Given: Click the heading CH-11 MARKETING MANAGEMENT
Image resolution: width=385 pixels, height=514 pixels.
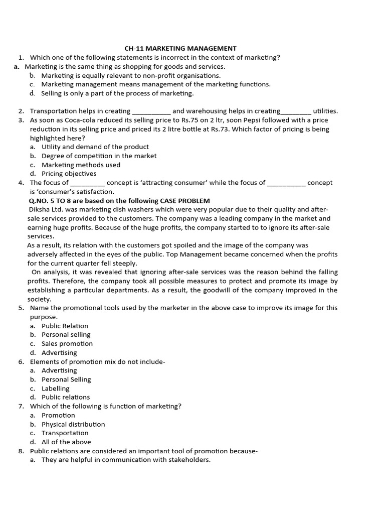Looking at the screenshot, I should click(x=180, y=49).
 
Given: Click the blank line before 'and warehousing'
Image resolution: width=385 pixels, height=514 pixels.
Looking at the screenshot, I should click(x=151, y=111).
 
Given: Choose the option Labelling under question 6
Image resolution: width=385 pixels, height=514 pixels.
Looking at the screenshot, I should click(x=55, y=389).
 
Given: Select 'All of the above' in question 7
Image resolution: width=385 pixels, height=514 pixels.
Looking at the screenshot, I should click(x=66, y=442).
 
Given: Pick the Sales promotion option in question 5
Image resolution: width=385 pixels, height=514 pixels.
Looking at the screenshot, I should click(x=67, y=344).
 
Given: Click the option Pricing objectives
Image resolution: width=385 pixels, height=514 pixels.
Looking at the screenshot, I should click(x=69, y=174).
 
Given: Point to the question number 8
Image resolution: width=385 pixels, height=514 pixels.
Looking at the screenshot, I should click(x=21, y=451).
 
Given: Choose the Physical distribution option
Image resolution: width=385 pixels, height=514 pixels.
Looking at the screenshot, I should click(x=73, y=424).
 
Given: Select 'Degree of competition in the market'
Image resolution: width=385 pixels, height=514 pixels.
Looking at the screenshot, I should click(x=99, y=156).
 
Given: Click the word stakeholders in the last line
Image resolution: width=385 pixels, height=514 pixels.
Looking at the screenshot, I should click(x=190, y=460).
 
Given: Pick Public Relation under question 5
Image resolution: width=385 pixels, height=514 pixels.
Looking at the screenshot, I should click(x=65, y=326).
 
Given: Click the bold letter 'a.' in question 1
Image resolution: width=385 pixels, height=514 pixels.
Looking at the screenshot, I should click(x=17, y=66).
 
